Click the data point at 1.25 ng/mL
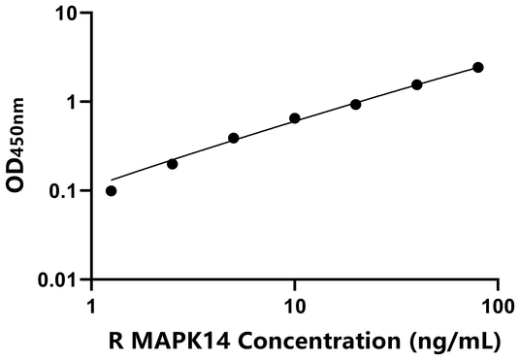111,190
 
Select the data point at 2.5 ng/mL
173,164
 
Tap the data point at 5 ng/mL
234,138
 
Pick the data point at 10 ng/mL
295,118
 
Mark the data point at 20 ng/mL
356,104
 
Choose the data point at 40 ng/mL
417,84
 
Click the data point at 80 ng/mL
478,67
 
